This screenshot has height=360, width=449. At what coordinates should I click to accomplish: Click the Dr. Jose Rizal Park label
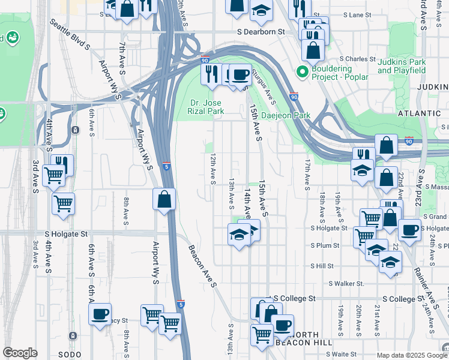[206, 107]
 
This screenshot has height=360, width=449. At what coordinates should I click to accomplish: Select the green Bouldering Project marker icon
[303, 73]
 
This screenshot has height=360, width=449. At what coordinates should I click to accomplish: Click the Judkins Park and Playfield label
[402, 66]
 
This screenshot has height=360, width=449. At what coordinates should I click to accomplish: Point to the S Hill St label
[321, 265]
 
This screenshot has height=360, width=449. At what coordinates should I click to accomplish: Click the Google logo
[20, 353]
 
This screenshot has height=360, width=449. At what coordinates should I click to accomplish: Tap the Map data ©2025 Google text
[406, 355]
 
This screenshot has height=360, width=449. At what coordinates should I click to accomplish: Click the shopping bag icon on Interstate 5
[164, 199]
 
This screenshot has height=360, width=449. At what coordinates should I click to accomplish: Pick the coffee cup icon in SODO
[100, 314]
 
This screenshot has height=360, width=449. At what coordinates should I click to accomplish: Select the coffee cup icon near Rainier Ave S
[409, 230]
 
